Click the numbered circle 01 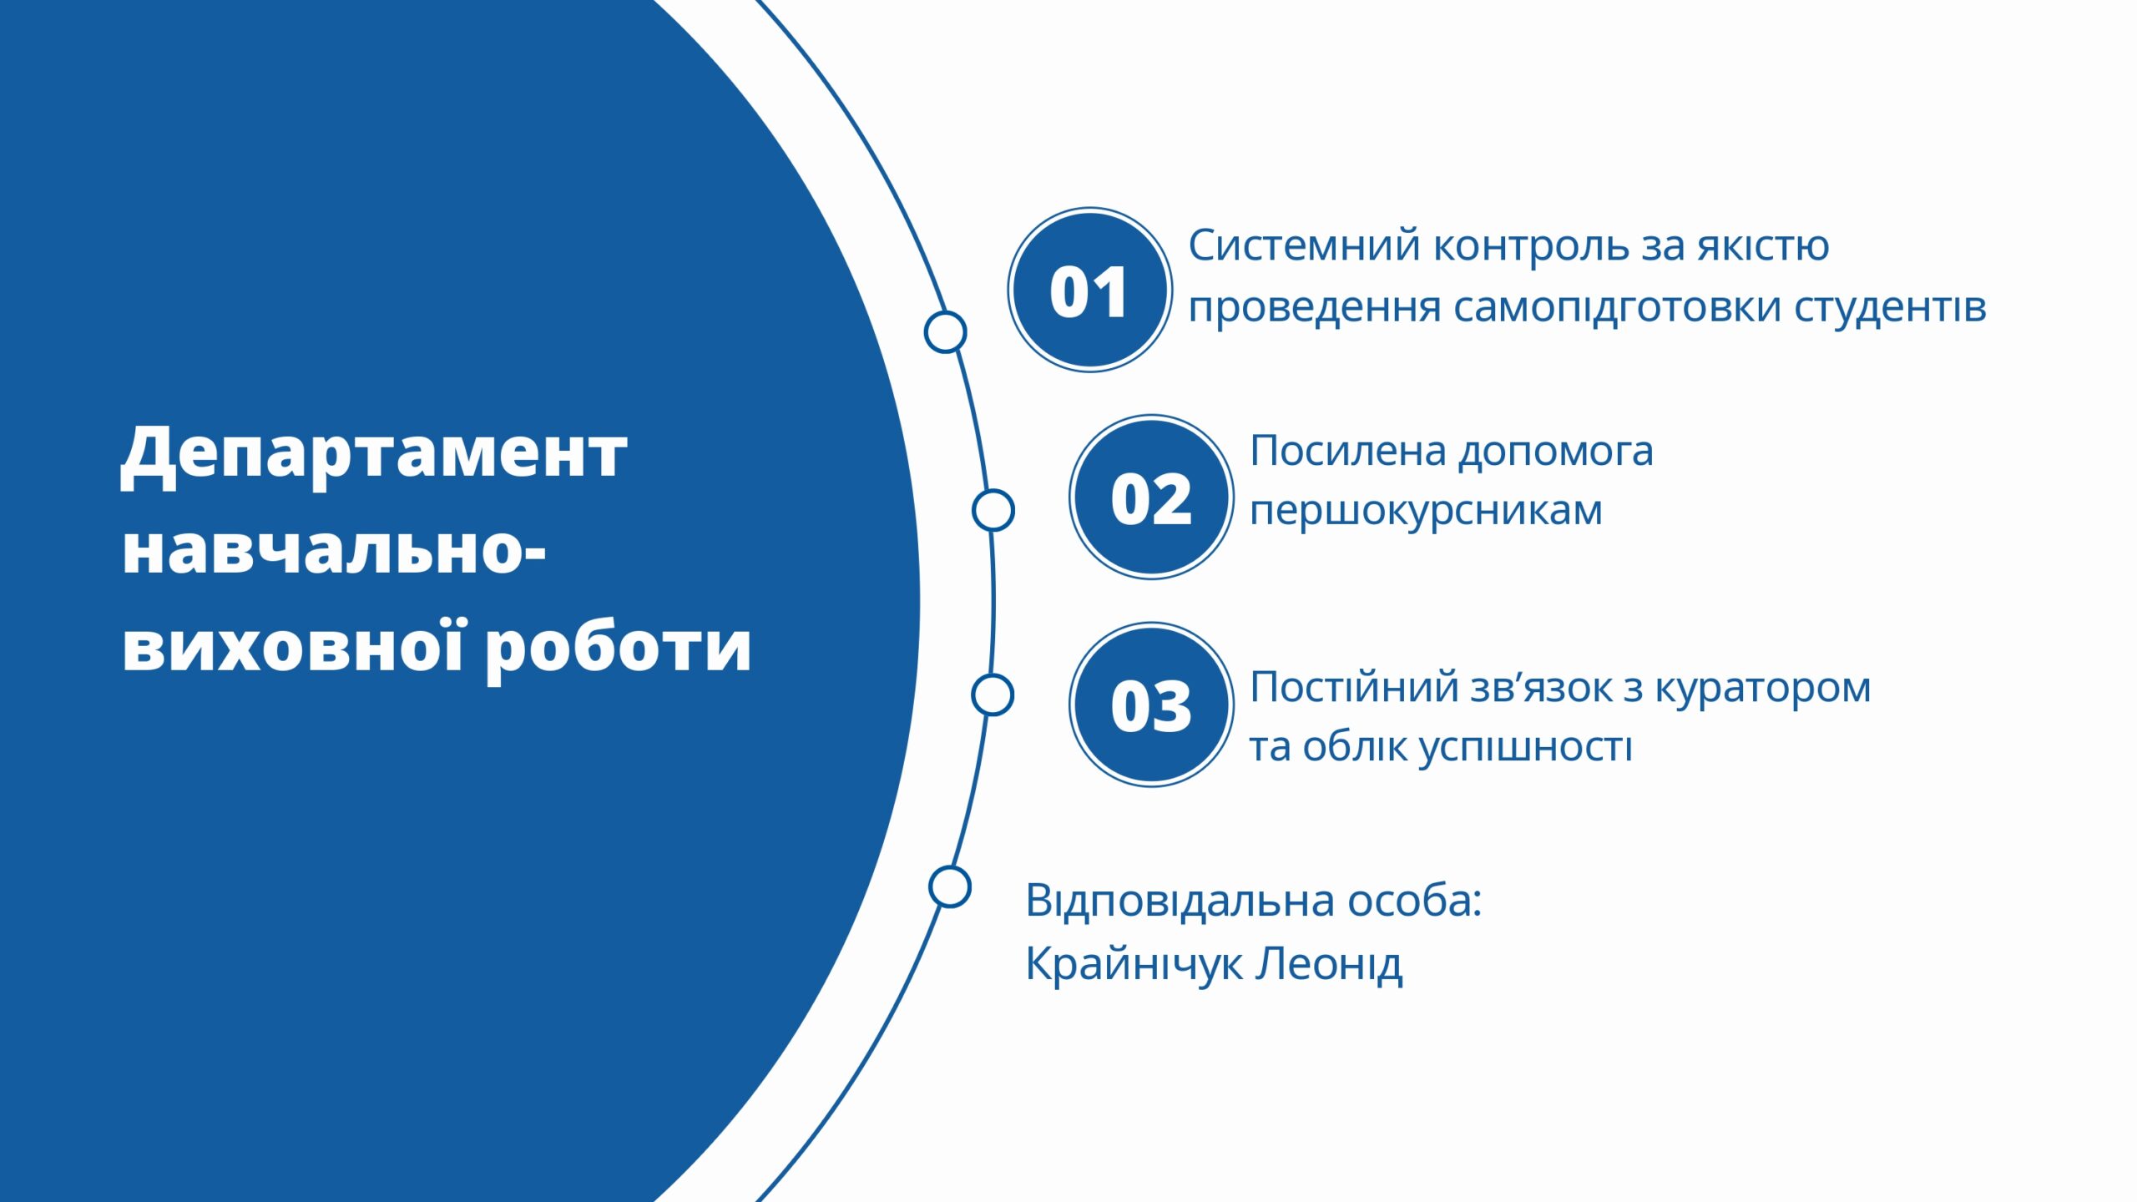coord(1089,290)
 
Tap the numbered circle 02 coord(1151,497)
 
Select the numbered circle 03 coord(1151,704)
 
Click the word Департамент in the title coord(374,455)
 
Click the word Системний coord(1304,246)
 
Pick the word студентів coord(1891,306)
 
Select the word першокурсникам coord(1427,512)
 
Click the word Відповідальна coord(1180,901)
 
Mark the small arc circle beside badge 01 coord(945,331)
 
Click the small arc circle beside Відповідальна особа coord(949,886)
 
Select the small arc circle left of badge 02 coord(993,510)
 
